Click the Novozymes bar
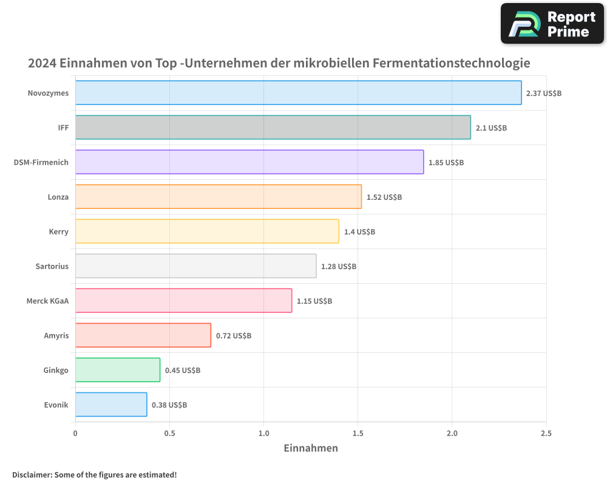[298, 93]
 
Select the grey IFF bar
[273, 128]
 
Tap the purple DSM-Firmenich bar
[249, 162]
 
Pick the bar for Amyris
[143, 335]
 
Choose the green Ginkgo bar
[118, 370]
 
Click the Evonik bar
[111, 405]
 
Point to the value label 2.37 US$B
[544, 94]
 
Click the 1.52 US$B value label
[384, 197]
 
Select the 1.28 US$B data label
[339, 267]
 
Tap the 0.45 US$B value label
[183, 371]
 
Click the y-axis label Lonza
[58, 197]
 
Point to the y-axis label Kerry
[58, 231]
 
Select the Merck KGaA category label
[47, 301]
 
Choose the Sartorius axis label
[52, 266]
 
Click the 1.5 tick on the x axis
[358, 434]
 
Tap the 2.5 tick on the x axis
[546, 434]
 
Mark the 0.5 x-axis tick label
[169, 434]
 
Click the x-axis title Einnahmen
[311, 448]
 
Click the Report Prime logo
[552, 24]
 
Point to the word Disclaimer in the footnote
[32, 474]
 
